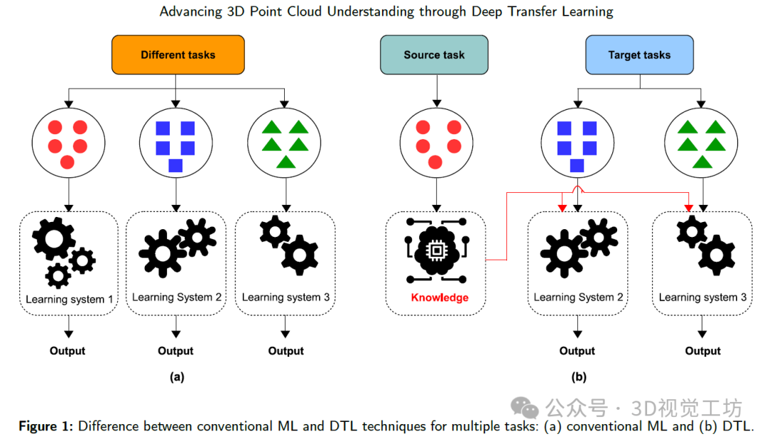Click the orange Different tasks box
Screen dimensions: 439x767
point(178,55)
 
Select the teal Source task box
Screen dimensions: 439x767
point(433,55)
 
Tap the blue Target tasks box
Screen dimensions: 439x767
point(639,55)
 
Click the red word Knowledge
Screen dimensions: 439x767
point(440,297)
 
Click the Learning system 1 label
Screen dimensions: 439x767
point(70,299)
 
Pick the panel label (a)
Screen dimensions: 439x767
point(177,377)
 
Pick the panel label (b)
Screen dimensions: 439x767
point(577,377)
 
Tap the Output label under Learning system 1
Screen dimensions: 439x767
point(67,350)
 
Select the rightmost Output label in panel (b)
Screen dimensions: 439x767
point(702,350)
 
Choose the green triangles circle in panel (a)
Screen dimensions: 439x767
point(285,143)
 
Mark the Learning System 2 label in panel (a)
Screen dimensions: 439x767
point(176,297)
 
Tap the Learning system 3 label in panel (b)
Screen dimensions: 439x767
point(702,297)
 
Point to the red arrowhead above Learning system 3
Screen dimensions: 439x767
point(689,207)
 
